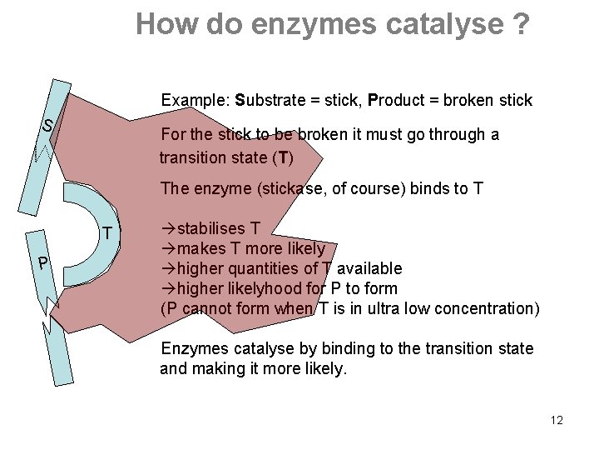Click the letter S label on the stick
click(48, 126)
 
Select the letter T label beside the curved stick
click(106, 233)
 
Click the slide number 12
click(557, 420)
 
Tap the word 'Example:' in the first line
click(196, 101)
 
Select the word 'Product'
click(396, 101)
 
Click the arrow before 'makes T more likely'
click(166, 248)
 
